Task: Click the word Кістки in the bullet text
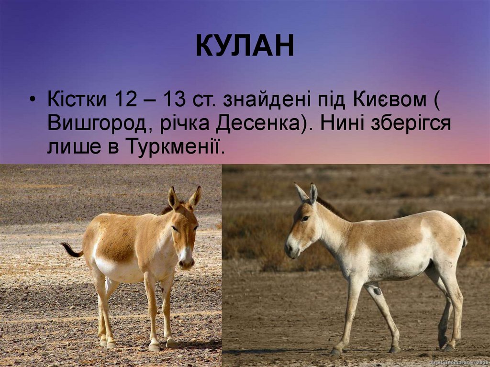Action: pyautogui.click(x=77, y=100)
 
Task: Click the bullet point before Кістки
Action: pyautogui.click(x=32, y=101)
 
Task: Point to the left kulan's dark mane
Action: pyautogui.click(x=167, y=209)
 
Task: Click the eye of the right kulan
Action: pyautogui.click(x=305, y=218)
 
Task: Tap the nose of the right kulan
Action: pyautogui.click(x=289, y=249)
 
